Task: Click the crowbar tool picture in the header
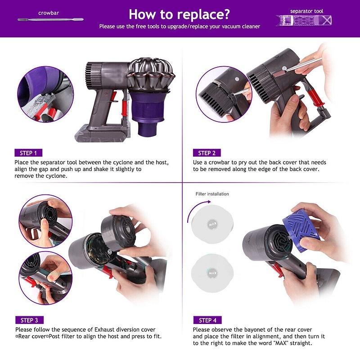(49, 20)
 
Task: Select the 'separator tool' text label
(306, 11)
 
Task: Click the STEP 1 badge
(29, 153)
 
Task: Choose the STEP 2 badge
(207, 153)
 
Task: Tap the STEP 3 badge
(29, 320)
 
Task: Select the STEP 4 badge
(207, 320)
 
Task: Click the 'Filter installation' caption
(212, 194)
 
